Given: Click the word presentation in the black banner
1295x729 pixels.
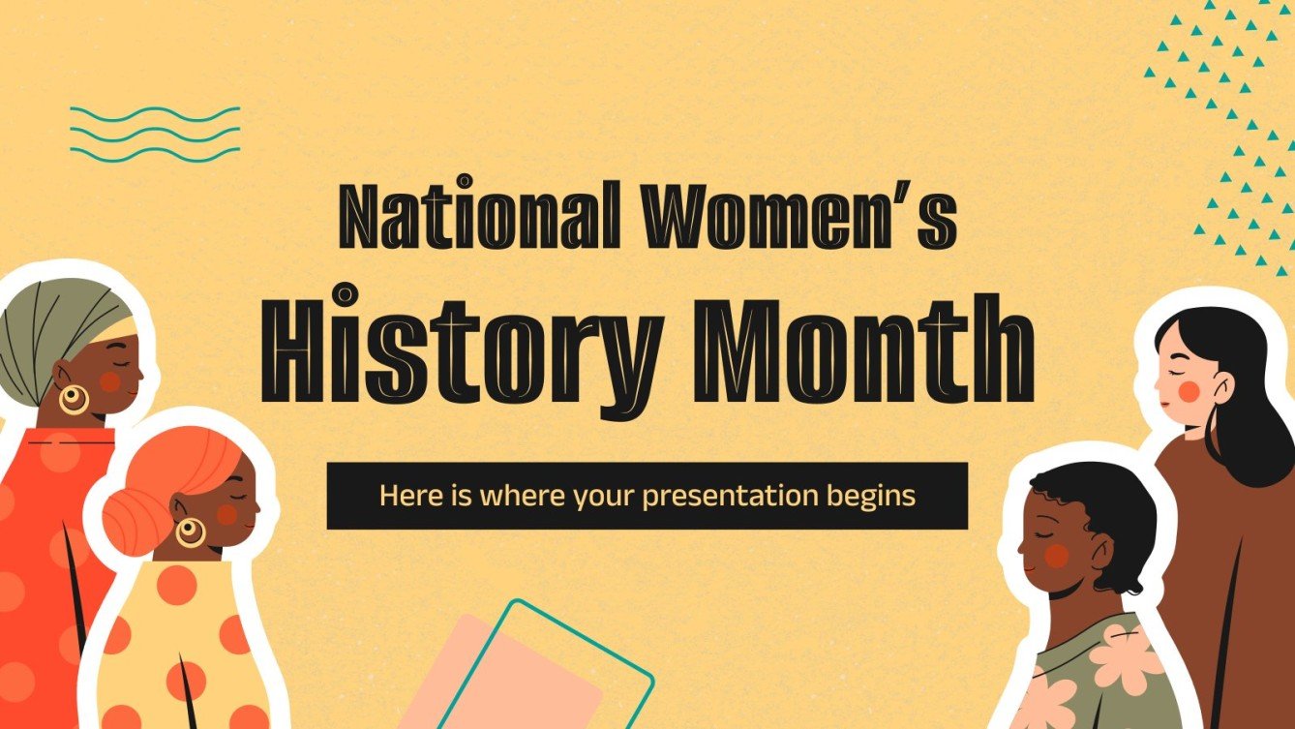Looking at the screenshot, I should click(x=726, y=496).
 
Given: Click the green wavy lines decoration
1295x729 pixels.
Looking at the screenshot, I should click(x=155, y=134).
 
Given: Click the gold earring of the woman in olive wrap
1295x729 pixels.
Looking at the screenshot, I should click(x=74, y=398).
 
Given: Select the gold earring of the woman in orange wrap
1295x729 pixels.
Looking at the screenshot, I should click(x=190, y=530).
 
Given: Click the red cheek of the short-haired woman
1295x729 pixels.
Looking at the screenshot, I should click(x=1057, y=554).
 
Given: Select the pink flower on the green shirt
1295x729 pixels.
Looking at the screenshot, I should click(x=1123, y=658).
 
